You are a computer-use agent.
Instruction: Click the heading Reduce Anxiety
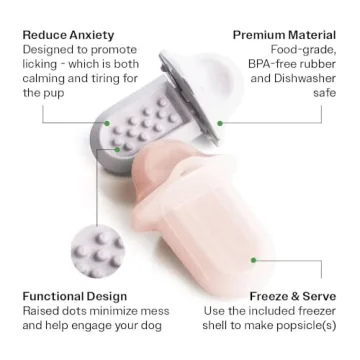(x=68, y=35)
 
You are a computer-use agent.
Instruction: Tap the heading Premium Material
(x=284, y=35)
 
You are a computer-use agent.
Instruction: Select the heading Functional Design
(x=75, y=296)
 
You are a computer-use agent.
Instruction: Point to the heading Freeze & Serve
(x=293, y=296)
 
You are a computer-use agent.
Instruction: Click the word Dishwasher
(x=305, y=78)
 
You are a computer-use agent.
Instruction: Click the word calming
(x=43, y=79)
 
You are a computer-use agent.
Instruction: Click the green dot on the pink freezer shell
(x=253, y=260)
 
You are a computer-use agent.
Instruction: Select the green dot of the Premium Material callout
(x=220, y=123)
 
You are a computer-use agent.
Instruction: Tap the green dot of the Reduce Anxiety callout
(x=107, y=123)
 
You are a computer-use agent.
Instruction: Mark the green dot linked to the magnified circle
(x=117, y=150)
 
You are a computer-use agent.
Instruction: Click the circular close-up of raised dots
(x=98, y=252)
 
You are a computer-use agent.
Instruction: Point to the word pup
(x=54, y=94)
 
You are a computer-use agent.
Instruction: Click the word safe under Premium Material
(x=324, y=93)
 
